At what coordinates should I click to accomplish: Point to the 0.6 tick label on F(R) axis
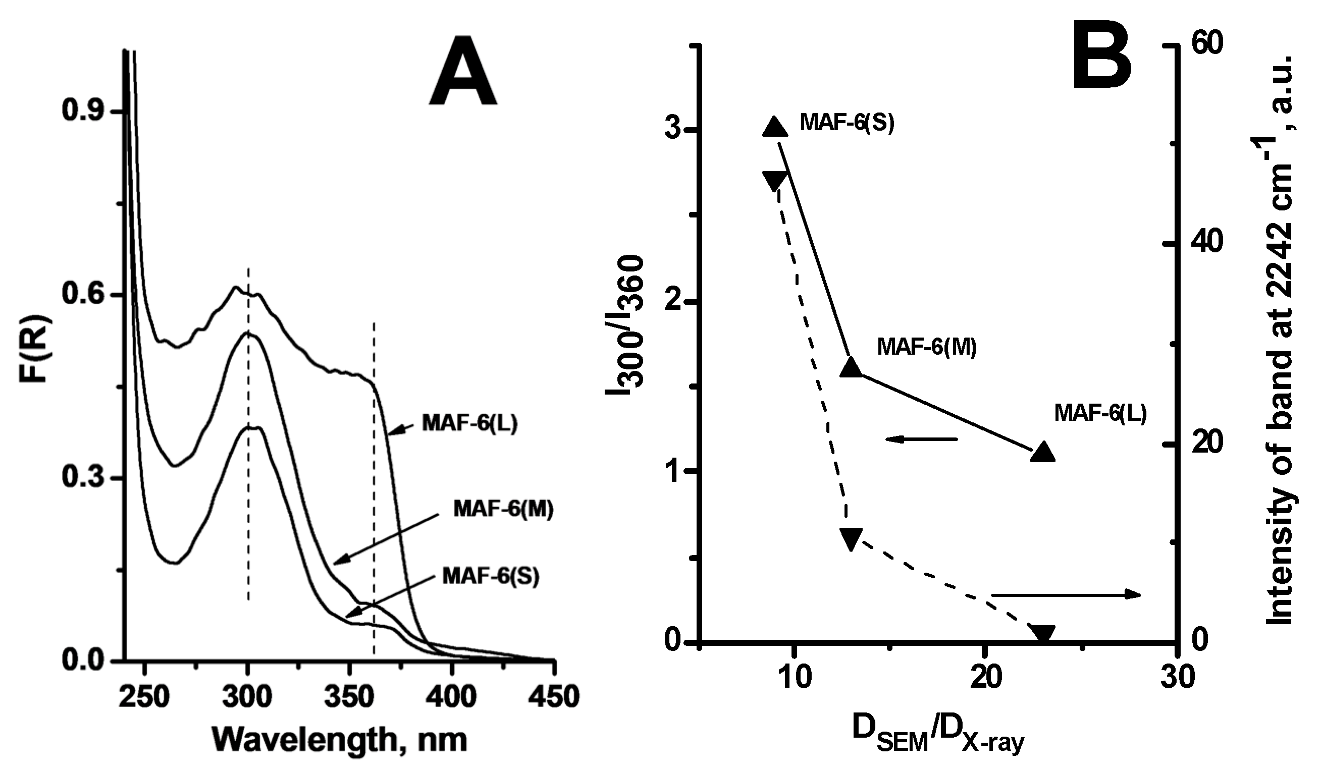click(85, 295)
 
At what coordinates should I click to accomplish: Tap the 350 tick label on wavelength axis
click(350, 697)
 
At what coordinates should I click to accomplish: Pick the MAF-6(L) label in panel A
click(469, 424)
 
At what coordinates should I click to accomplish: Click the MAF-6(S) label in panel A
click(490, 576)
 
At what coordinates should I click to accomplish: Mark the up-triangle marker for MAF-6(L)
click(1042, 452)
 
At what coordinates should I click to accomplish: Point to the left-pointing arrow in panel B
click(921, 439)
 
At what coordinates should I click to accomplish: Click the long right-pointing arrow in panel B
click(1066, 594)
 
